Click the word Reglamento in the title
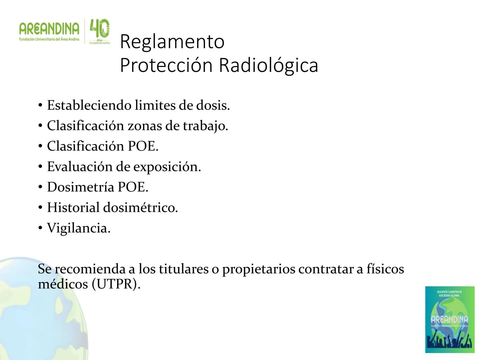pyautogui.click(x=172, y=42)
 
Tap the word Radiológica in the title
pyautogui.click(x=268, y=65)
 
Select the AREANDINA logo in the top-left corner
pyautogui.click(x=49, y=31)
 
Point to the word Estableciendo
pyautogui.click(x=89, y=105)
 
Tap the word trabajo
pyautogui.click(x=205, y=126)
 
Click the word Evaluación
pyautogui.click(x=79, y=167)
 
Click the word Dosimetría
pyautogui.click(x=80, y=187)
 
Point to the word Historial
pyautogui.click(x=73, y=208)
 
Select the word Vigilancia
pyautogui.click(x=78, y=228)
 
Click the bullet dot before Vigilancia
pyautogui.click(x=40, y=228)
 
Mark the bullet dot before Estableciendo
pyautogui.click(x=40, y=106)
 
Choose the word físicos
pyautogui.click(x=385, y=269)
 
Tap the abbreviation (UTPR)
pyautogui.click(x=116, y=284)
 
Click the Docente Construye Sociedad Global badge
pyautogui.click(x=450, y=319)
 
